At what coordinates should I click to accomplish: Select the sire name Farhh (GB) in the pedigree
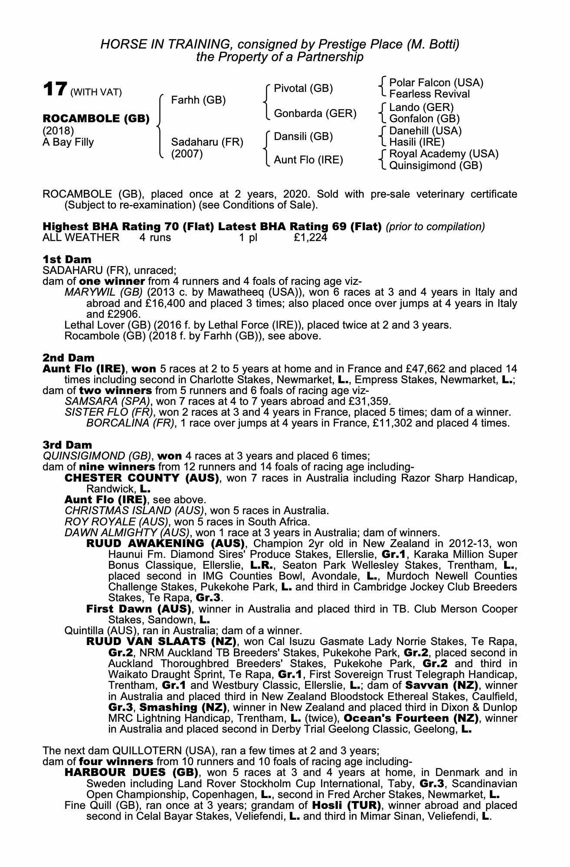coord(198,100)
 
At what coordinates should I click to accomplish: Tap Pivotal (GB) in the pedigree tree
coord(303,88)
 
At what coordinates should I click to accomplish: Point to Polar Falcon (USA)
coord(436,82)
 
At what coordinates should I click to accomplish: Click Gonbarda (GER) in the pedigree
coord(315,114)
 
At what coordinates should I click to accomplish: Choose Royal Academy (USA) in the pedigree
coord(444,154)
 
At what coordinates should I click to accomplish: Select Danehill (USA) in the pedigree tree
coord(425,130)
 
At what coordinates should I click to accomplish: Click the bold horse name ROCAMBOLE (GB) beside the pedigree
coord(96,118)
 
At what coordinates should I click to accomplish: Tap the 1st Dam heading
coord(67,260)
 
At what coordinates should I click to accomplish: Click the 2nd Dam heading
coord(68,358)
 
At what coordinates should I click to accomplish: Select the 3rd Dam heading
coord(67,445)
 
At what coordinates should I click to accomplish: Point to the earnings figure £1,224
coord(310,238)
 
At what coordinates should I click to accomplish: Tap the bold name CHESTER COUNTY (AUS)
coord(141,478)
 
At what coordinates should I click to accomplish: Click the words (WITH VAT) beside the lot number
coord(96,92)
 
